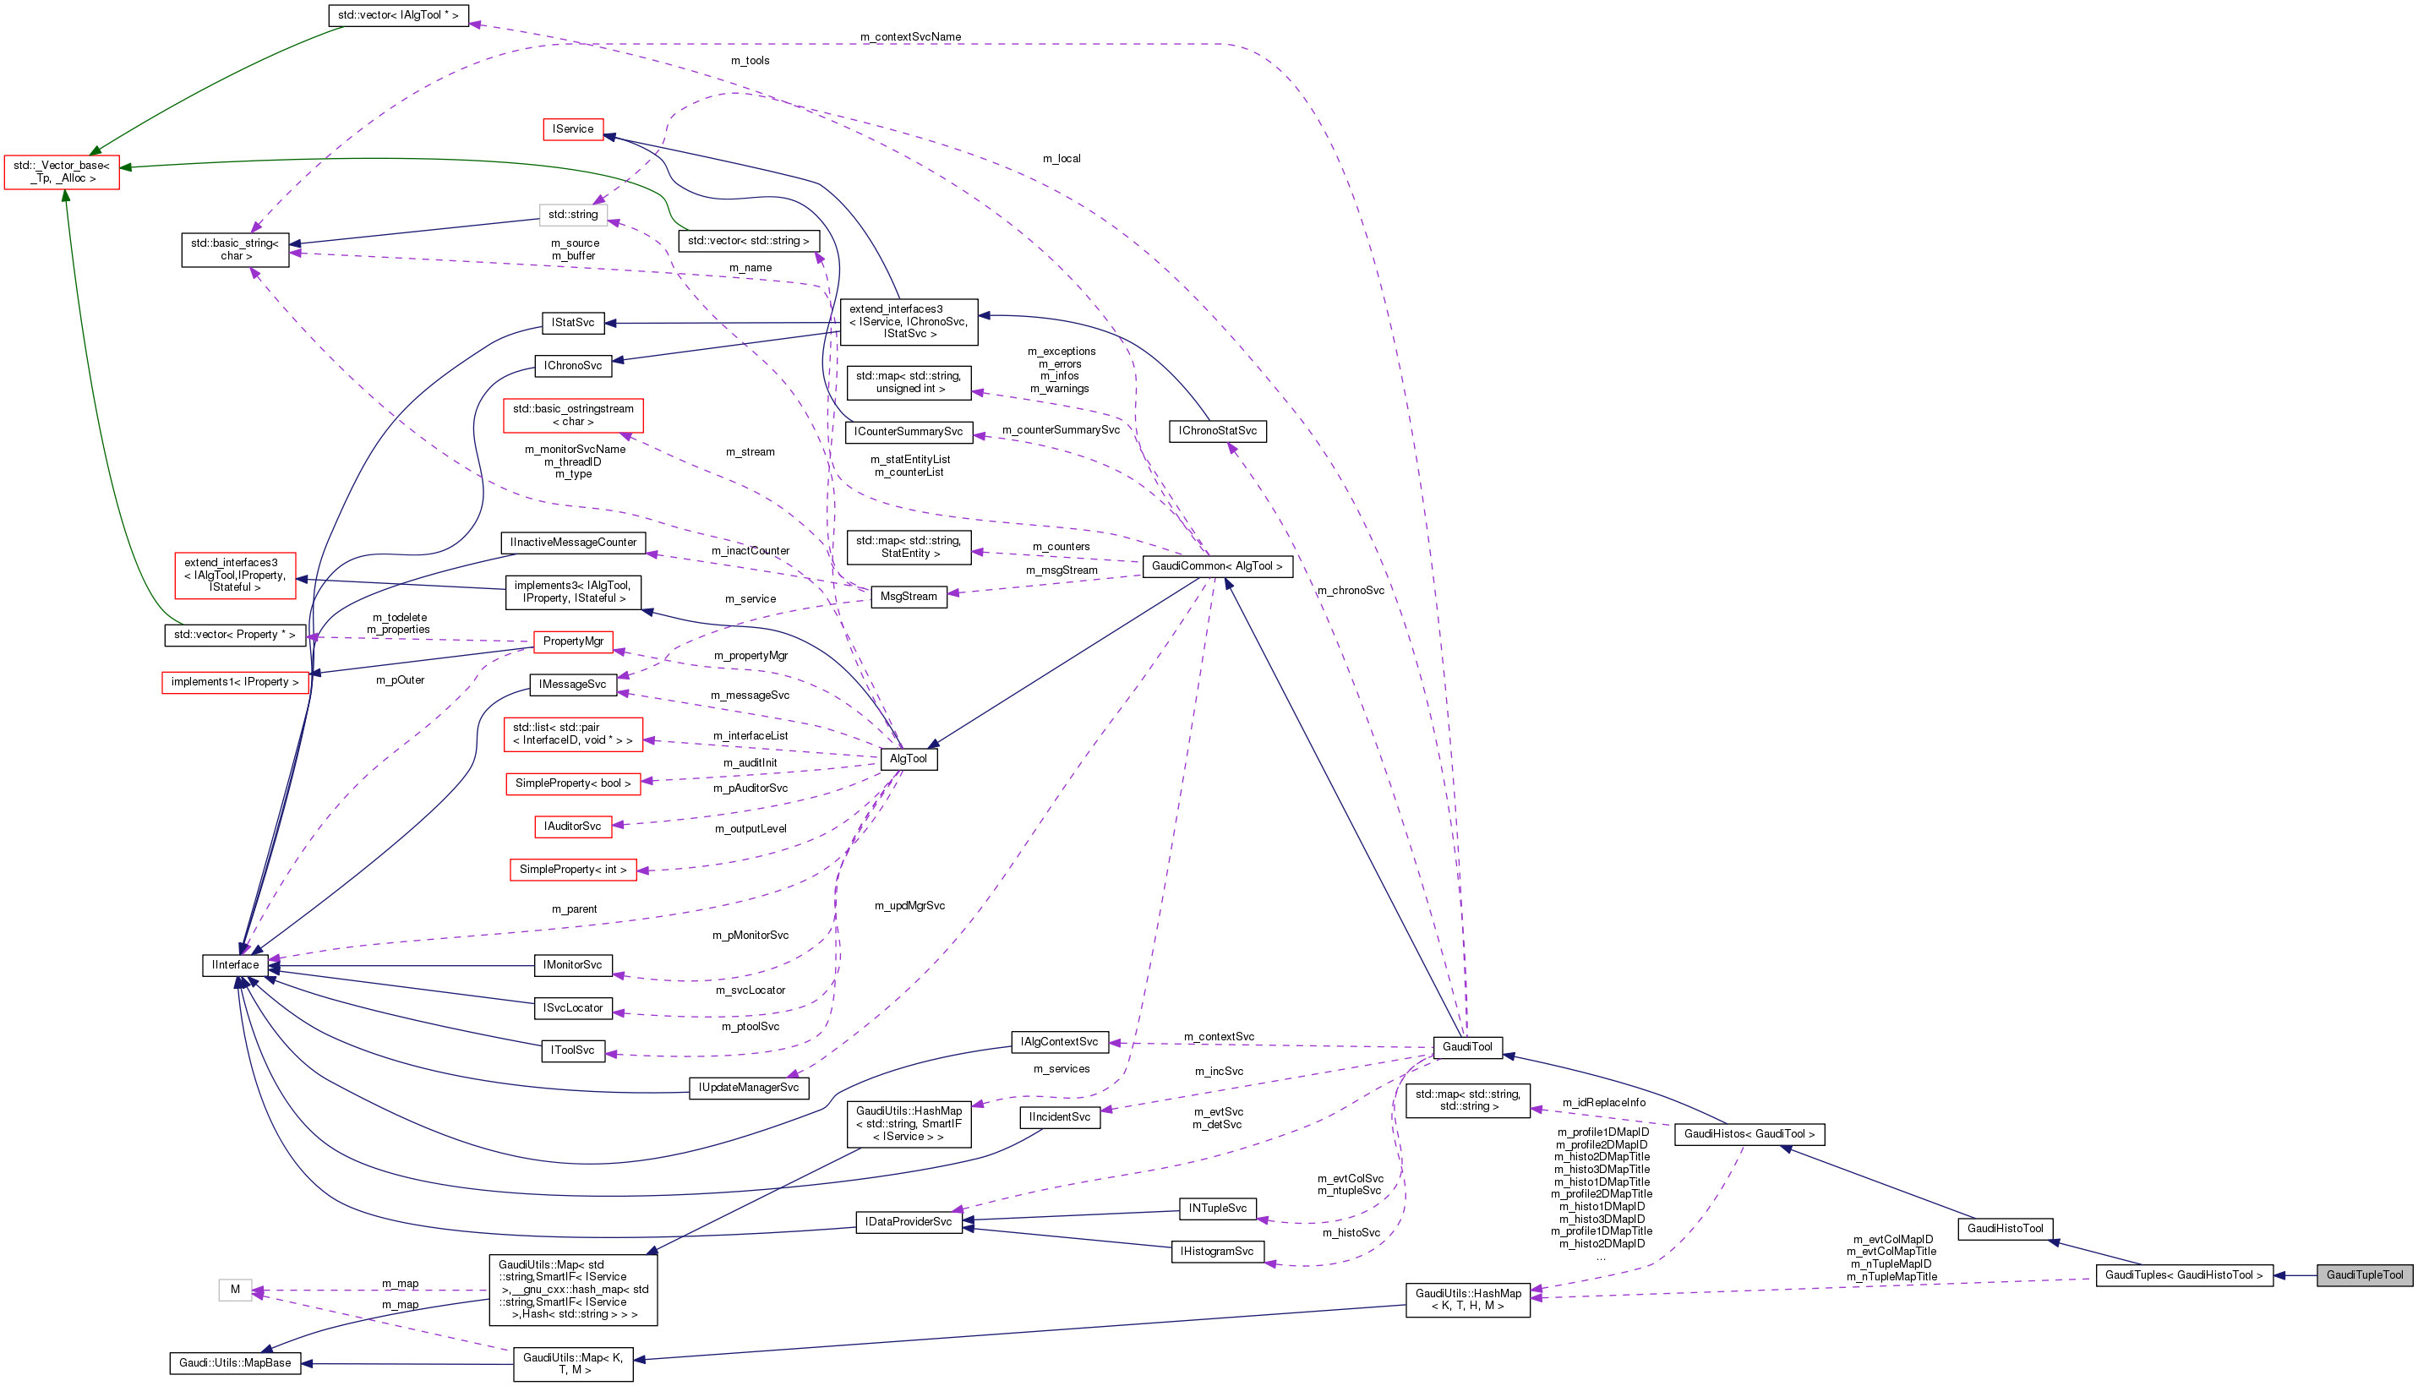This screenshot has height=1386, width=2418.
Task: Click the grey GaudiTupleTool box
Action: [2365, 1274]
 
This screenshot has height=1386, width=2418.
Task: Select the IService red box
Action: [573, 128]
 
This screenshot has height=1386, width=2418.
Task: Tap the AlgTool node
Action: [909, 759]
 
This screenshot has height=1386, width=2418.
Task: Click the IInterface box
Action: [235, 965]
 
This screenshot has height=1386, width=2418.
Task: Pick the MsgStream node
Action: [909, 597]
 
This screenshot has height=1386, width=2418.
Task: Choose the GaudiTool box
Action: [1467, 1047]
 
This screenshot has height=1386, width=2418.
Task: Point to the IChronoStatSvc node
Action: [1217, 431]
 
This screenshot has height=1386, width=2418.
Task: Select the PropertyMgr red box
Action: [573, 641]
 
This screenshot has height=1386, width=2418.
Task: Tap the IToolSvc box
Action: [573, 1051]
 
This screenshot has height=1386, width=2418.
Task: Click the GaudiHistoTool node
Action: [2005, 1229]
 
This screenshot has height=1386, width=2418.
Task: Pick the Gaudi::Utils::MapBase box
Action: [235, 1363]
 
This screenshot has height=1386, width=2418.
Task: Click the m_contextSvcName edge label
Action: [910, 37]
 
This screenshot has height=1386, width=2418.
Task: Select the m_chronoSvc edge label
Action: [1350, 591]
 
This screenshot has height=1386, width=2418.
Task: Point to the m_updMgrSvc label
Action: [909, 906]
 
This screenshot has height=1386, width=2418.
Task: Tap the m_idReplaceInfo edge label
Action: [1603, 1103]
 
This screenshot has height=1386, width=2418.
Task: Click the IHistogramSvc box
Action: [1217, 1252]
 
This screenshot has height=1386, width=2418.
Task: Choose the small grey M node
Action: [235, 1290]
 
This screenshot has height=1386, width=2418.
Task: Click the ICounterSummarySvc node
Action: [909, 432]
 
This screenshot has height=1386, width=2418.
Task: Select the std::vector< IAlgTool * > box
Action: [398, 15]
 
